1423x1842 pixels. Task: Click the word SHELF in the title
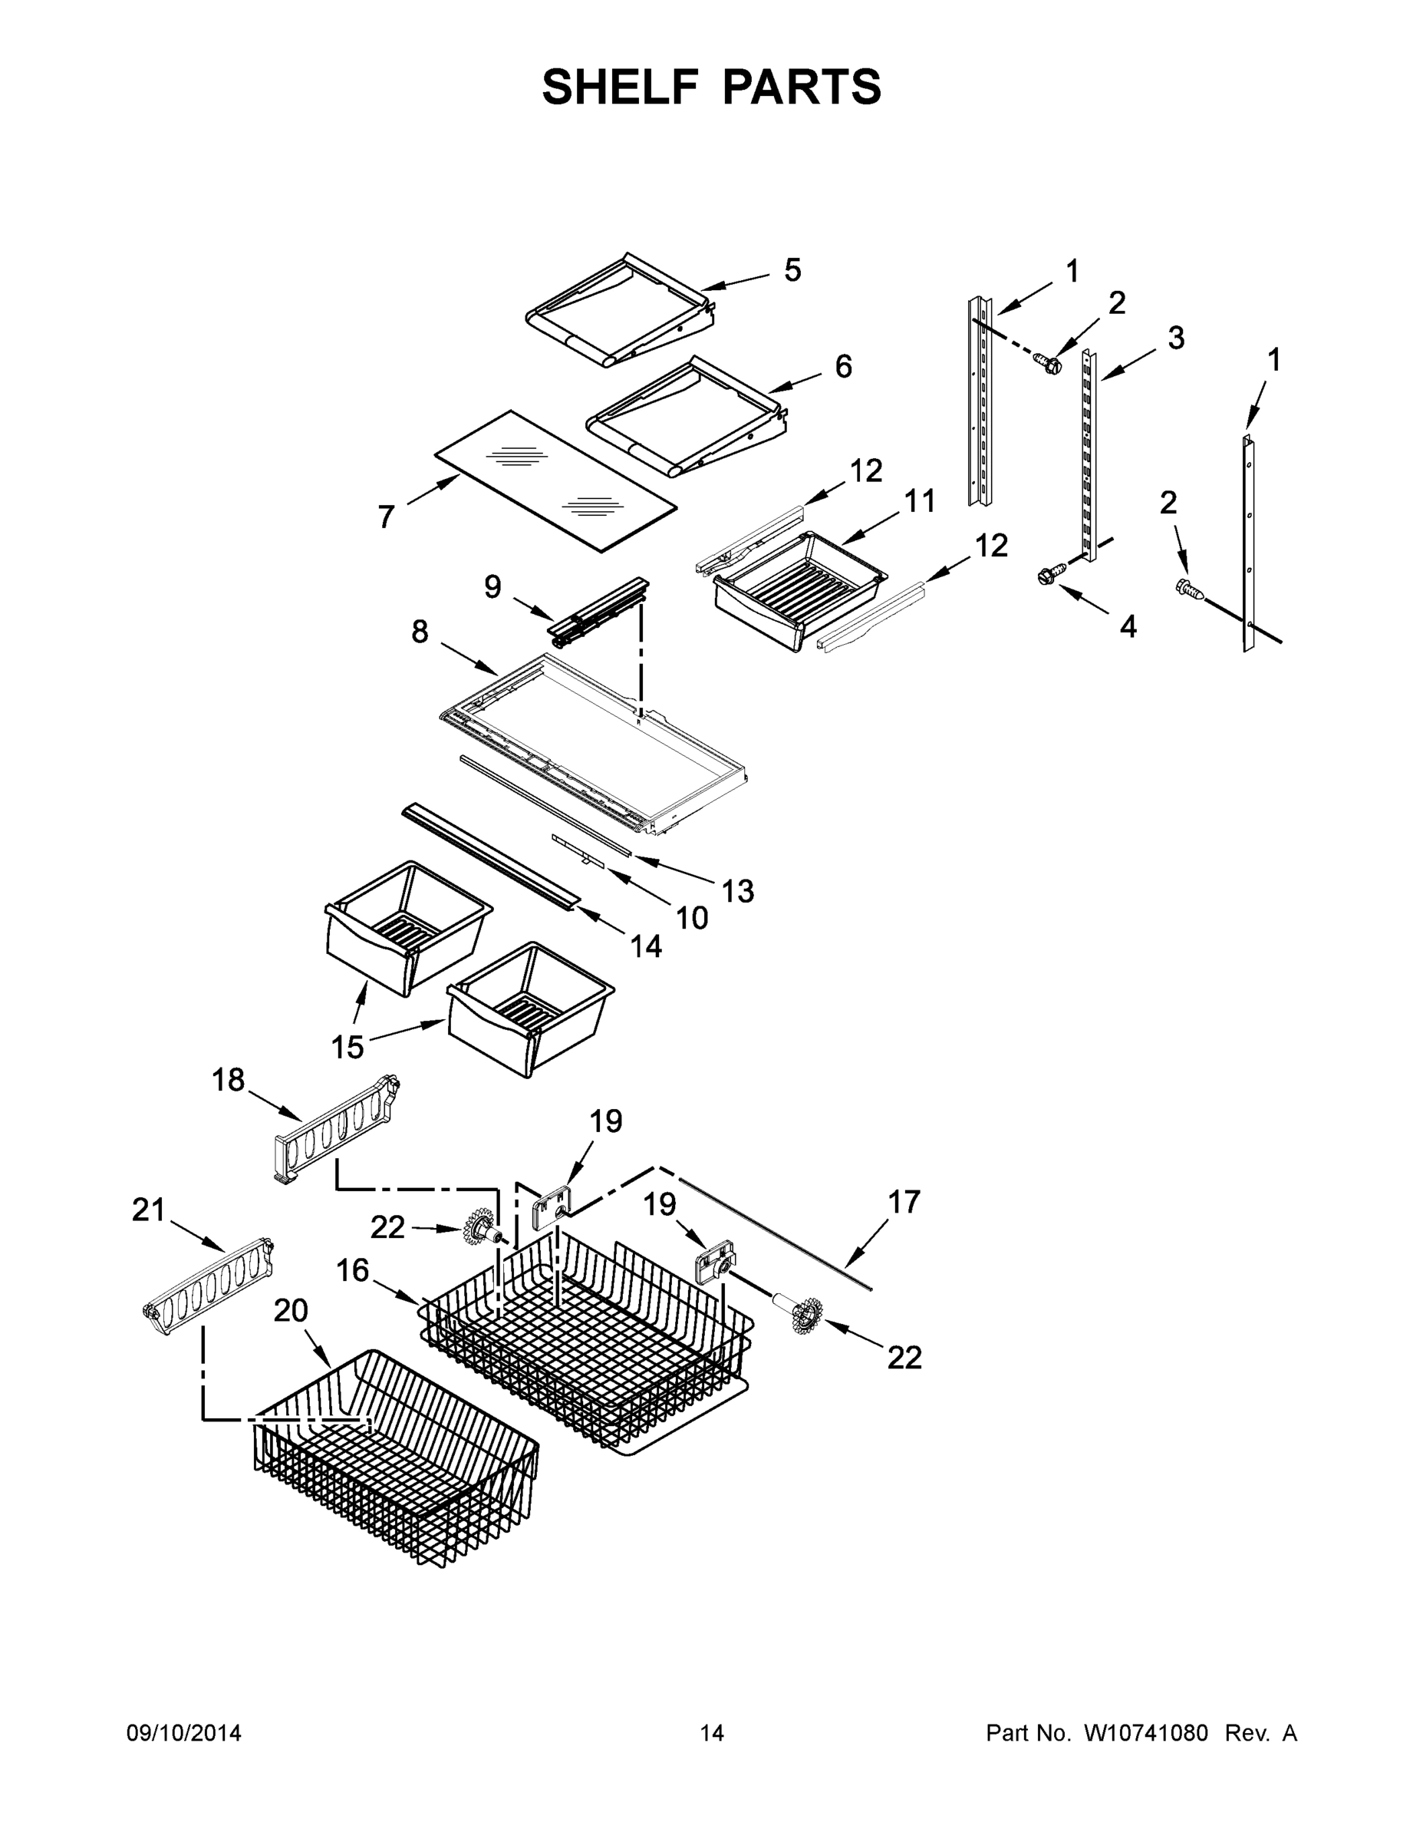point(620,87)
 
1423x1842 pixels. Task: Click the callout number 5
point(792,270)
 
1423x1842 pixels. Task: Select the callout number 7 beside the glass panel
point(386,517)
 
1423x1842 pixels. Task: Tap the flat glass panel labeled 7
point(556,480)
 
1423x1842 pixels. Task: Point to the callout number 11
point(920,501)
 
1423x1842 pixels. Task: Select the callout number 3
point(1176,338)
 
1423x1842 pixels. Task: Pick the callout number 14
point(647,946)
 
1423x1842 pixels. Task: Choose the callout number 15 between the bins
point(348,1048)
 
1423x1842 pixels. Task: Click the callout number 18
point(228,1080)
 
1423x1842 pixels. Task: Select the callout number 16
point(352,1269)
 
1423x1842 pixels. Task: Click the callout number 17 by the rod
point(904,1202)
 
